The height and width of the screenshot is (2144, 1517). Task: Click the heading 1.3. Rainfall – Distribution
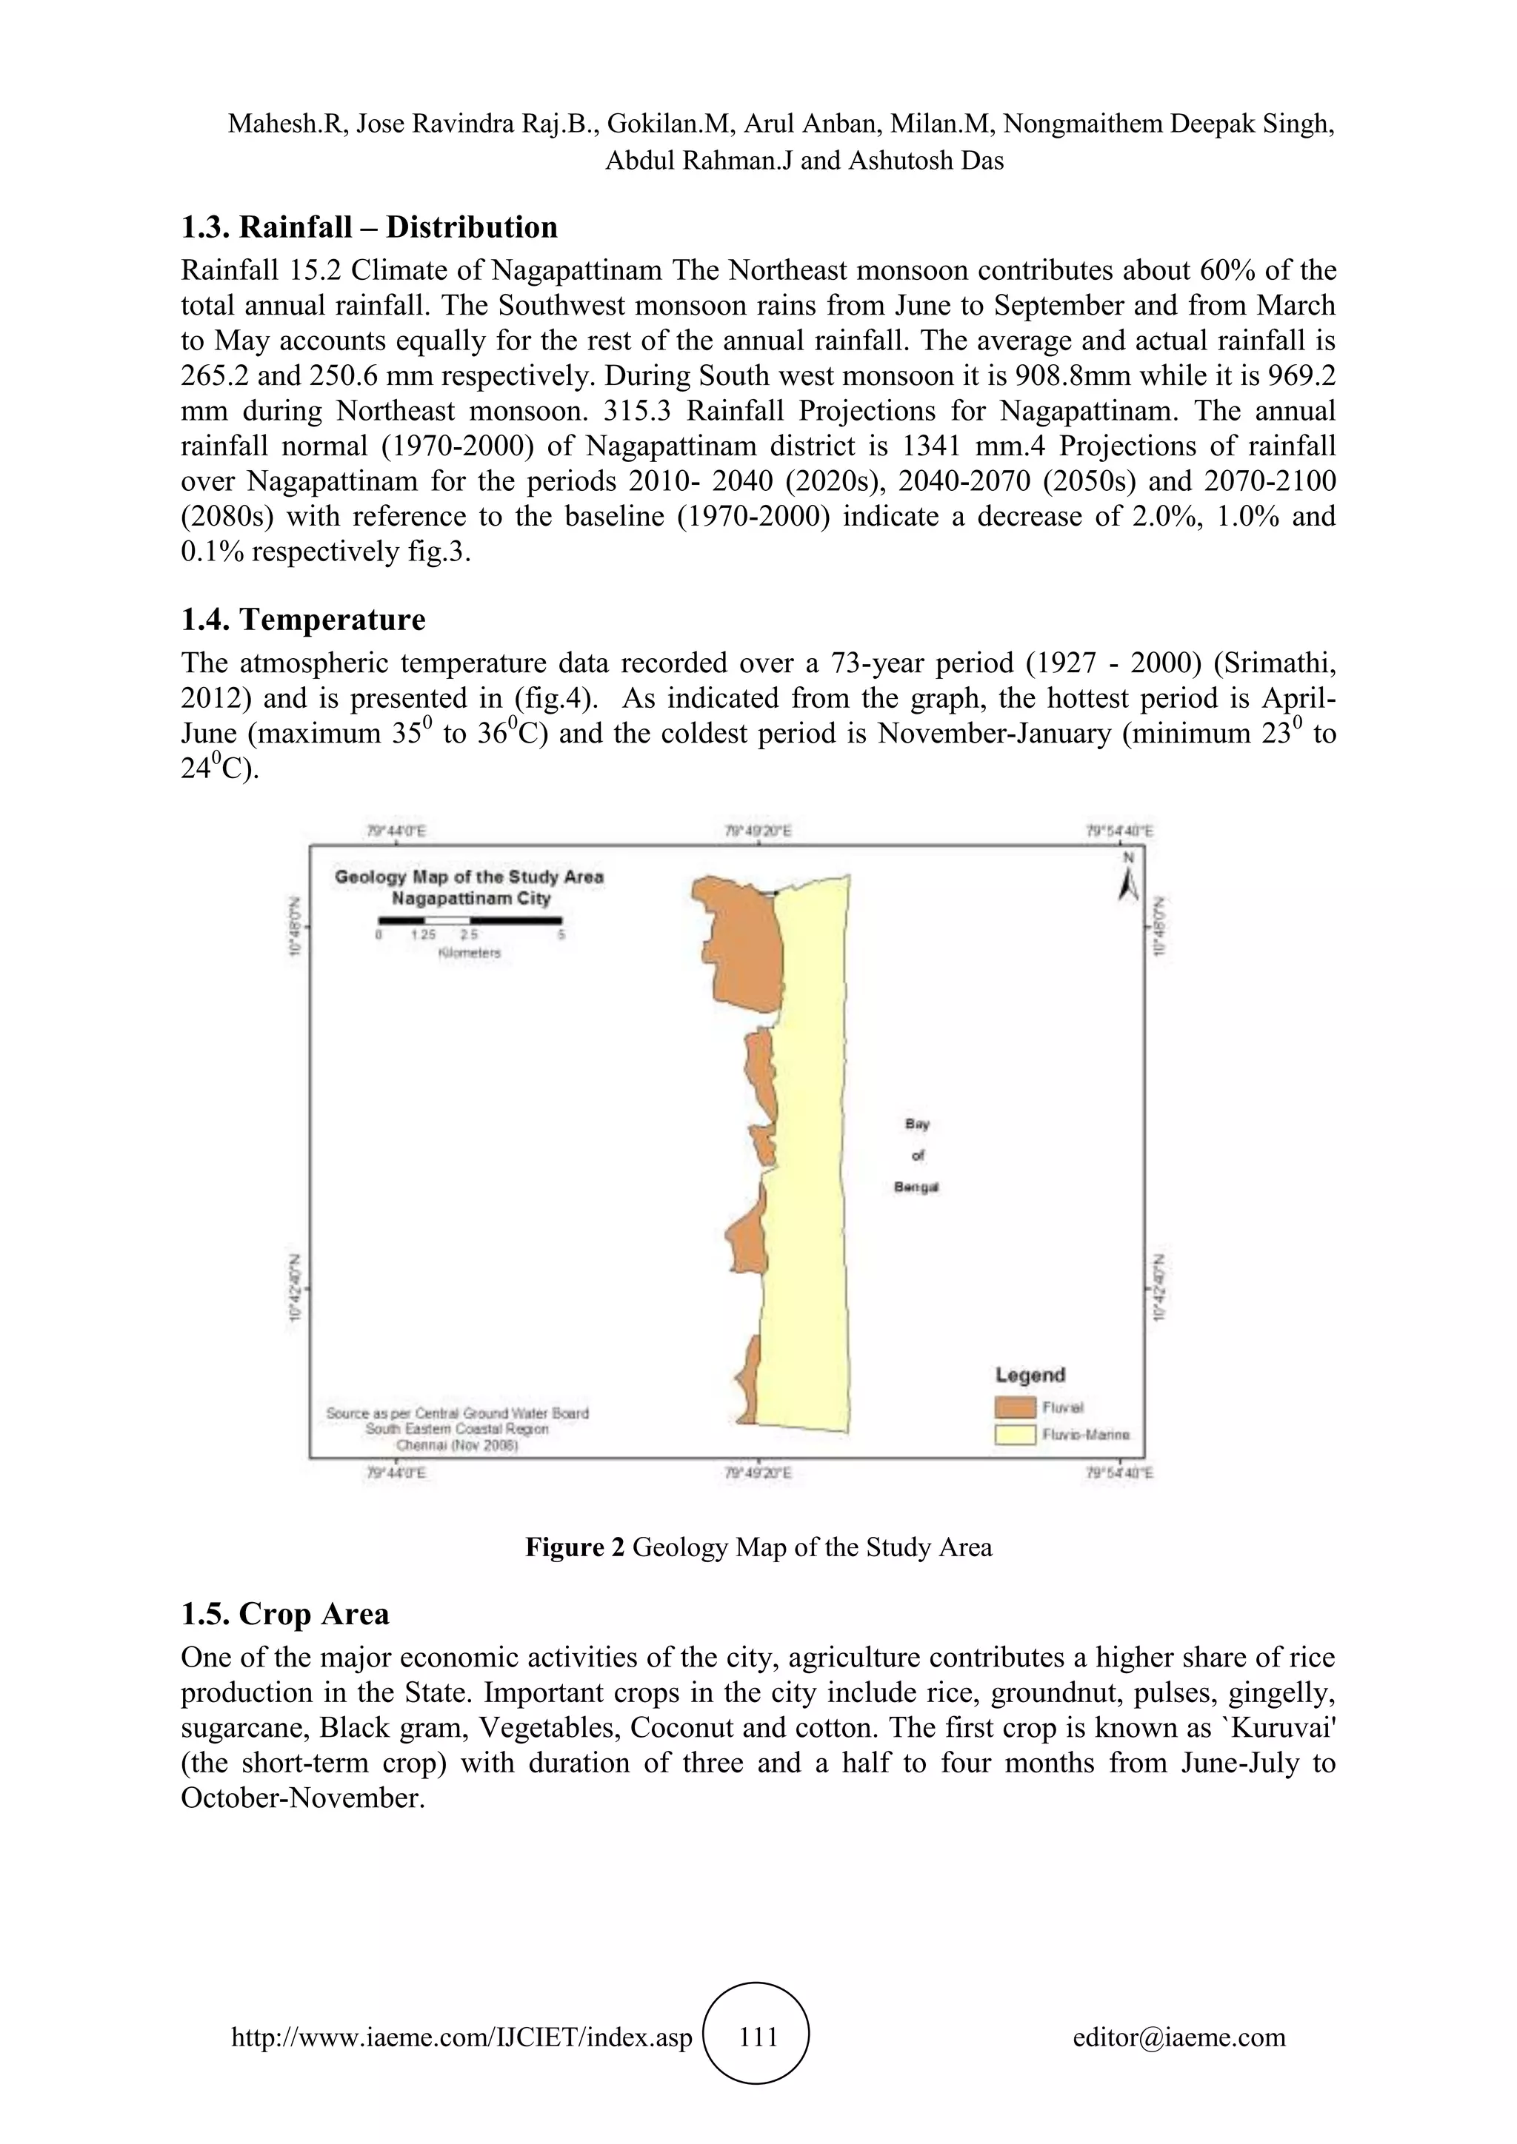tap(369, 227)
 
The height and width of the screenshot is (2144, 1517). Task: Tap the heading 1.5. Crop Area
tap(285, 1614)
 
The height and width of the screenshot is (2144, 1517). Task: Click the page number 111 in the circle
tap(758, 2037)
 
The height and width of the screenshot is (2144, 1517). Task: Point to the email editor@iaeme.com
tap(1178, 2037)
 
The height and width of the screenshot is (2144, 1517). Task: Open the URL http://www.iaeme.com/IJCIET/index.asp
tap(461, 2037)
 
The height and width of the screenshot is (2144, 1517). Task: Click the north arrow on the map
tap(1128, 882)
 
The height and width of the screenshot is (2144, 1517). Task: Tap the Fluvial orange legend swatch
tap(1016, 1407)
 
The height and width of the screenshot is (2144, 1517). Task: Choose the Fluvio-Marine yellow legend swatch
tap(1016, 1434)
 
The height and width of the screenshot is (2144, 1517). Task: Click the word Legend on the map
tap(1030, 1375)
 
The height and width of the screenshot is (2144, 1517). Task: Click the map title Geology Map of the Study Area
tap(469, 877)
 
